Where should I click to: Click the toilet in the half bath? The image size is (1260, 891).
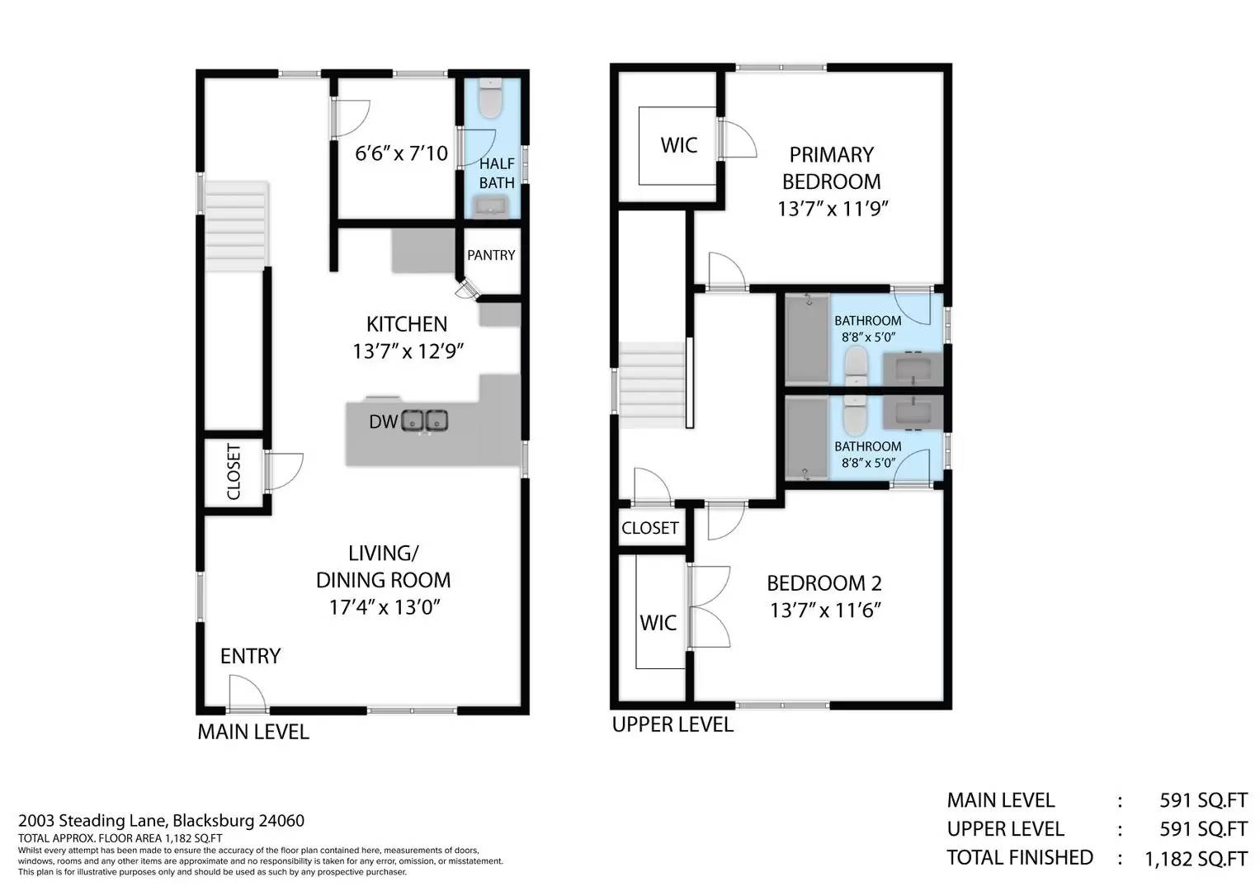point(490,98)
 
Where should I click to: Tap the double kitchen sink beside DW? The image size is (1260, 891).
point(425,421)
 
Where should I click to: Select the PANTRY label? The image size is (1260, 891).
point(491,256)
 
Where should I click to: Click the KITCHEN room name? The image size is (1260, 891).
point(407,324)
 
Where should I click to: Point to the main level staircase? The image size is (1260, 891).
point(236,226)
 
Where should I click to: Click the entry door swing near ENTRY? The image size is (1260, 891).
point(247,692)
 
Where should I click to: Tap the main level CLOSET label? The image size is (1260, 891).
point(234,471)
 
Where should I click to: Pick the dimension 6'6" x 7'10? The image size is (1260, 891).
point(401,153)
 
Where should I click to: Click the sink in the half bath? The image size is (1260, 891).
point(492,207)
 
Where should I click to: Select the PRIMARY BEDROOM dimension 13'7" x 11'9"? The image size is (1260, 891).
point(832,209)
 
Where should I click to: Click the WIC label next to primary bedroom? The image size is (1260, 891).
point(679,145)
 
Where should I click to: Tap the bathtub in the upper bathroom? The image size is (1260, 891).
point(808,339)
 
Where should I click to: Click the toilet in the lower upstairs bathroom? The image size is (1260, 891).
point(856,415)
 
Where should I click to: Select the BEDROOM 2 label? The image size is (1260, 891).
point(824,583)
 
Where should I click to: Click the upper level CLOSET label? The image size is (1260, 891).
point(649,528)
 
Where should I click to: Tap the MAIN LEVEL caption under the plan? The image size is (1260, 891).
point(253,732)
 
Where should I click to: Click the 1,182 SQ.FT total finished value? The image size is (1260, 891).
point(1196,859)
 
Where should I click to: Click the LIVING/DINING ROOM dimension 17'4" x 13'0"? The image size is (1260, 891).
point(385,607)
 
